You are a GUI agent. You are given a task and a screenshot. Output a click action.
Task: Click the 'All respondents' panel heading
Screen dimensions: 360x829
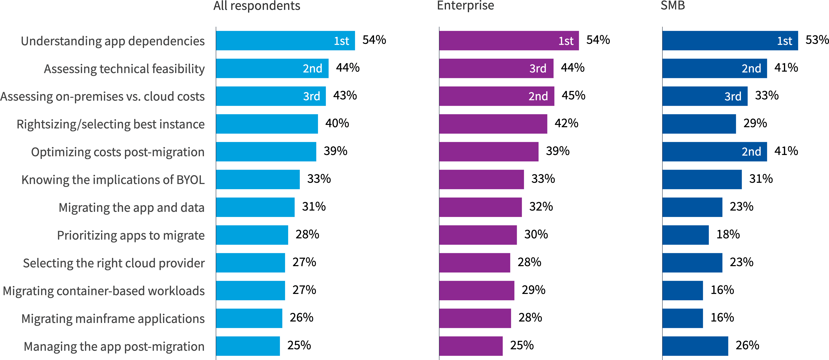[x=256, y=6]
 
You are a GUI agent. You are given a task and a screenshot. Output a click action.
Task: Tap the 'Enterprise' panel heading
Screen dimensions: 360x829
[x=465, y=6]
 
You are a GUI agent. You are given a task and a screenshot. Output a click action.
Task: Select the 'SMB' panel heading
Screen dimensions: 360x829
[x=673, y=6]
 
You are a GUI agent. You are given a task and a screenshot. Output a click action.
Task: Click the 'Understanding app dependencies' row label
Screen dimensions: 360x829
[x=113, y=41]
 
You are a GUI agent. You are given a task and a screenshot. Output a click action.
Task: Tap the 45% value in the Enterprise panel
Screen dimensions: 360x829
[x=573, y=96]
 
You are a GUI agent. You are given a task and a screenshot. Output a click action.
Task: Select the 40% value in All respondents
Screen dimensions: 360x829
[x=337, y=123]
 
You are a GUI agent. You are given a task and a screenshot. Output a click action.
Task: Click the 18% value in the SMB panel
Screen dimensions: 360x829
[x=728, y=234]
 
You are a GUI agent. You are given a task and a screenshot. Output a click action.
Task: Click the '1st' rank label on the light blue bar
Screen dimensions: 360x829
[x=341, y=41]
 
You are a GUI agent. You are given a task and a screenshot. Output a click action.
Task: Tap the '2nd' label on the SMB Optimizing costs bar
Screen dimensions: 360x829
[x=751, y=151]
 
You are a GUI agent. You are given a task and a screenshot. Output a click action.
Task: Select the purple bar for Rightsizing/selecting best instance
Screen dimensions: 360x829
[x=493, y=124]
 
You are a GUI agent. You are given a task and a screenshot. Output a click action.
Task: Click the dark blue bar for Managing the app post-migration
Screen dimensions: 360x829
[x=695, y=346]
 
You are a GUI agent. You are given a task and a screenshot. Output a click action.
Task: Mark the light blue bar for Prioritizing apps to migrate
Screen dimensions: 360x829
[x=252, y=235]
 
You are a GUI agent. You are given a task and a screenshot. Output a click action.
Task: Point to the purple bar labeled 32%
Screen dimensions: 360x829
[x=480, y=207]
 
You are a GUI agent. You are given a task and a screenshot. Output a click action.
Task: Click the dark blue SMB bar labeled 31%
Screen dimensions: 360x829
[x=702, y=179]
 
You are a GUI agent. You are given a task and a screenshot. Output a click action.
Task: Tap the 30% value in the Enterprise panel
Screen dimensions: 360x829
[x=536, y=234]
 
